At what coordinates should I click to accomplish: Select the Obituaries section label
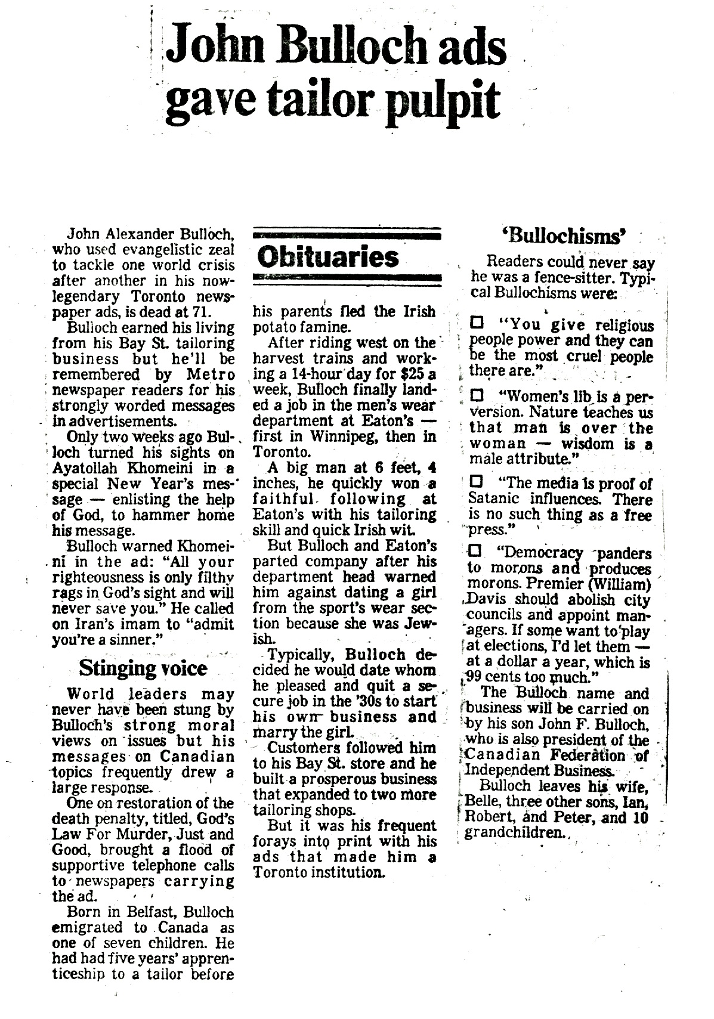[329, 257]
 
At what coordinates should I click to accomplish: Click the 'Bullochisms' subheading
[564, 236]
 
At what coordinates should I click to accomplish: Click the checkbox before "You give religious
[477, 325]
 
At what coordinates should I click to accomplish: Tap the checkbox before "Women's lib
[477, 396]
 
